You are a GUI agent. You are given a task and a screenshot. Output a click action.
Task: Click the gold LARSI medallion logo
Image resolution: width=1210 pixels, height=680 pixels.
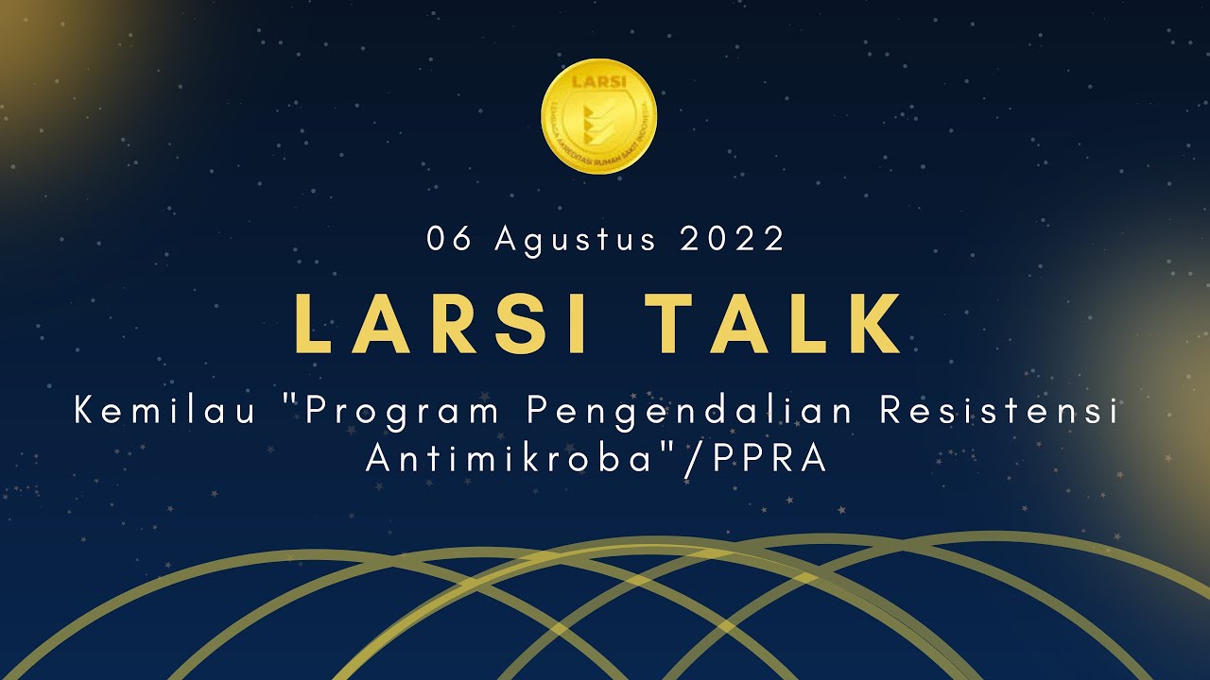(x=598, y=117)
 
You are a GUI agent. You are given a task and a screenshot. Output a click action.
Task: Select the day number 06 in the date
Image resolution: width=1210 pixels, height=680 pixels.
(x=449, y=240)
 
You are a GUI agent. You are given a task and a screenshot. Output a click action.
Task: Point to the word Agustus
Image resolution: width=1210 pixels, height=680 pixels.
(x=576, y=240)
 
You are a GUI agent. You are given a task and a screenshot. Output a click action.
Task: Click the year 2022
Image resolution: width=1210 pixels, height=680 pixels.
(x=733, y=240)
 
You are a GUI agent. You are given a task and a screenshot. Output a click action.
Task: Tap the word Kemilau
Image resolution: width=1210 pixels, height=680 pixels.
(x=165, y=412)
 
